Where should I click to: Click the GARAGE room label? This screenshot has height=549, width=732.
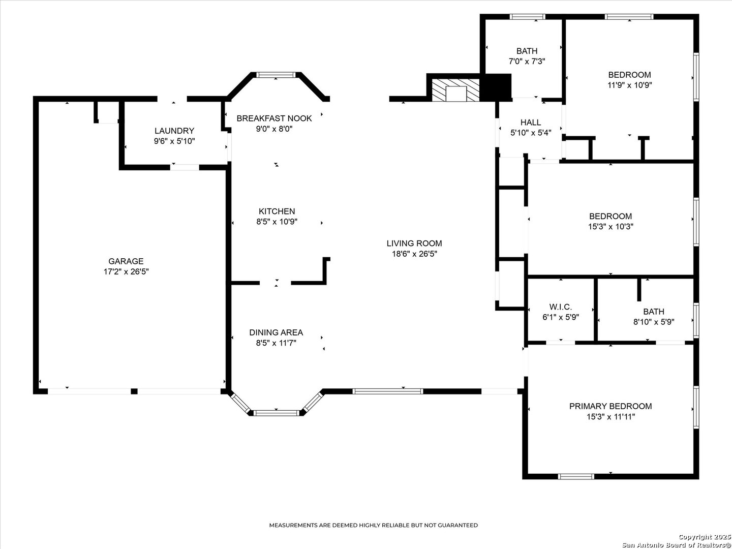(x=126, y=261)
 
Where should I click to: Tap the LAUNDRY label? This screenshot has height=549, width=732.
(x=174, y=131)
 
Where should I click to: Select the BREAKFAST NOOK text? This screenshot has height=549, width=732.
(x=274, y=118)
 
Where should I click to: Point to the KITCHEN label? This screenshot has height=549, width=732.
(x=277, y=211)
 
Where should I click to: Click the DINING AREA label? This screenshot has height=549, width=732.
(x=276, y=332)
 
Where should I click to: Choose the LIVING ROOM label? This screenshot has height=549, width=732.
(x=414, y=243)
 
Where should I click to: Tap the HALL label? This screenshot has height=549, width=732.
(x=531, y=123)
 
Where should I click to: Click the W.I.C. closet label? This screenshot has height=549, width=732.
(x=561, y=307)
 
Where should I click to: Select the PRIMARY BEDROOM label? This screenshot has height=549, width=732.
(x=611, y=406)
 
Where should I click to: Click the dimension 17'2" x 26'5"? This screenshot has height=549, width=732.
(x=126, y=271)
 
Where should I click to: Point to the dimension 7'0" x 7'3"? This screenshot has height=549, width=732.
(x=527, y=62)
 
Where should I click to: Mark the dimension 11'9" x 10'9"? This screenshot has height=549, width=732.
(x=630, y=85)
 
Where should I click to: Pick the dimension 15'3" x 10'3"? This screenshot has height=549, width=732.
(x=611, y=227)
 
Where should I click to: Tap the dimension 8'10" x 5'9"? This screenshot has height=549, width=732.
(x=654, y=322)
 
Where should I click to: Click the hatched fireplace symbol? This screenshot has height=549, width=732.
(x=455, y=90)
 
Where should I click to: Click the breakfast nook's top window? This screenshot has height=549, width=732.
(x=276, y=75)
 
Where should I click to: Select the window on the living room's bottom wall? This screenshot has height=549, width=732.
(x=388, y=391)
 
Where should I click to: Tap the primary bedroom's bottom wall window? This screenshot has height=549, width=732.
(x=576, y=477)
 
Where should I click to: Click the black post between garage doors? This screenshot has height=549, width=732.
(x=134, y=391)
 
